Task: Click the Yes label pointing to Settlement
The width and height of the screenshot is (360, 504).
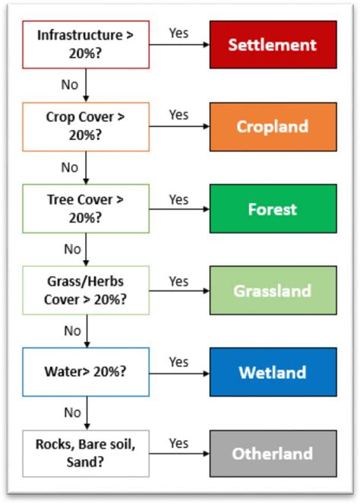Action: click(x=178, y=33)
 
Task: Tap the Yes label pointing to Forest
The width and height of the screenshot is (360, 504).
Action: click(x=178, y=199)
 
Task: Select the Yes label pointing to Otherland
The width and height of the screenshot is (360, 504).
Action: click(x=178, y=442)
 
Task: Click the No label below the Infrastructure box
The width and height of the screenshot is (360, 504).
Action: click(x=70, y=84)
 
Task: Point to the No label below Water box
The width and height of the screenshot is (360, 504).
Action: click(x=72, y=413)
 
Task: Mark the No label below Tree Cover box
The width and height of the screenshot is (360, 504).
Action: click(x=72, y=249)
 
